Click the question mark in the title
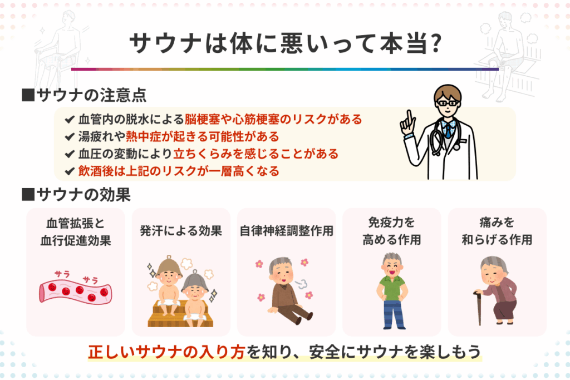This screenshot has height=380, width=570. click(435, 43)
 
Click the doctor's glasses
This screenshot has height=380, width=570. click(446, 103)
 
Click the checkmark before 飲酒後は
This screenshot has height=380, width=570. click(70, 171)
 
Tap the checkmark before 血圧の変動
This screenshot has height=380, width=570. click(70, 154)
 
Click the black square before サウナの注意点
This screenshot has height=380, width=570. click(28, 95)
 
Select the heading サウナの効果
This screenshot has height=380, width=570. click(83, 195)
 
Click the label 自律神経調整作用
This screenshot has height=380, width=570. click(287, 231)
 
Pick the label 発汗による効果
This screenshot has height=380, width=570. click(181, 231)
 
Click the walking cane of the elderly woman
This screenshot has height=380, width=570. click(478, 307)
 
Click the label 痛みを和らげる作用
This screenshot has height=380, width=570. click(497, 231)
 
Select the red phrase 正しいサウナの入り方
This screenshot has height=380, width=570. click(166, 352)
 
